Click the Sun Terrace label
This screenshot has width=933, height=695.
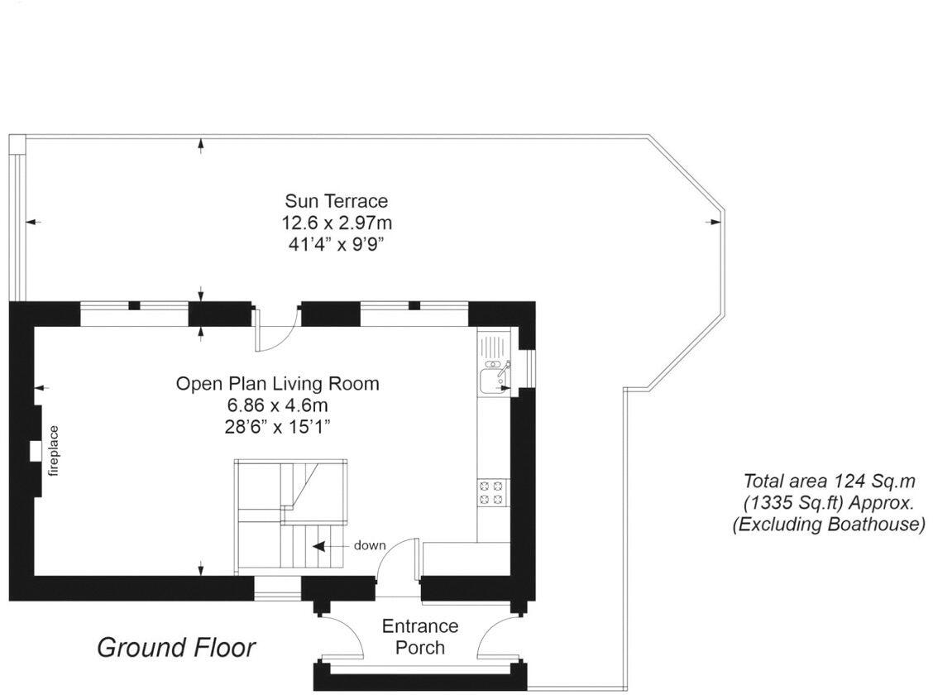coord(336,201)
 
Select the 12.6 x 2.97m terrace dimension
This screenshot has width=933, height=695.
coord(336,223)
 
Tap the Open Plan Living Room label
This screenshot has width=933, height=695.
coord(277,384)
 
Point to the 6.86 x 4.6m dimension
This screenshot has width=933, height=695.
coord(277,405)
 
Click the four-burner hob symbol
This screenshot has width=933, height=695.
coord(492,492)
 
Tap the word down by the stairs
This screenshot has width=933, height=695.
coord(370,545)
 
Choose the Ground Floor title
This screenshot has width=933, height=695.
coord(176,648)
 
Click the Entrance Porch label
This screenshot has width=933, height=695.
coord(419,636)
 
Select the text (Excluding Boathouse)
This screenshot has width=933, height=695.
coord(829,525)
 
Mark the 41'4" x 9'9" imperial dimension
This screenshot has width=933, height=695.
coord(336,244)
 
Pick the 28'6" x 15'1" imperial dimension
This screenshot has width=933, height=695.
coord(277,427)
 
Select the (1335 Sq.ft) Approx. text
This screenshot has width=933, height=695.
coord(829,503)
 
